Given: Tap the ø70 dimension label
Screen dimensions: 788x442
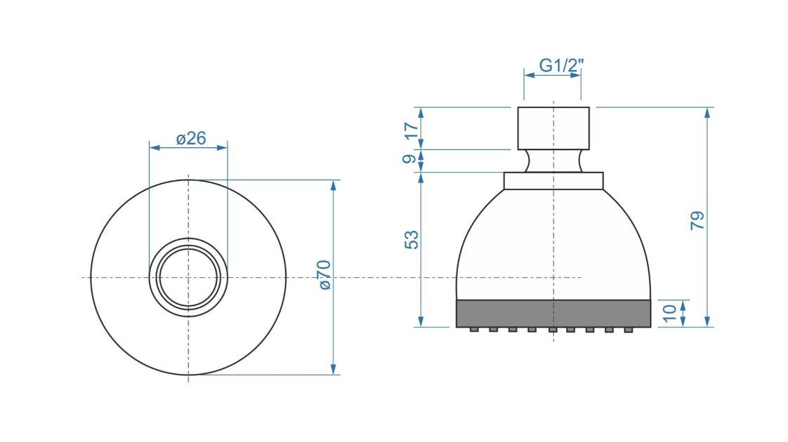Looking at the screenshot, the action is pyautogui.click(x=325, y=275).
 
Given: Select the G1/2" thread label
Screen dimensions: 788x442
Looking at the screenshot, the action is pyautogui.click(x=561, y=65).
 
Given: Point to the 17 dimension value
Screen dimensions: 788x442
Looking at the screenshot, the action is pyautogui.click(x=411, y=131).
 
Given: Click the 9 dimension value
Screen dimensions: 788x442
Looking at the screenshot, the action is pyautogui.click(x=409, y=159).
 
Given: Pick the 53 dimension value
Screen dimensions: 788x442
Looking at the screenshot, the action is pyautogui.click(x=411, y=239).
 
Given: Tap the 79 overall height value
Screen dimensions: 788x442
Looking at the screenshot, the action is pyautogui.click(x=697, y=220).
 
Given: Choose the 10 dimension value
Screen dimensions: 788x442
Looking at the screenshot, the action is pyautogui.click(x=670, y=313).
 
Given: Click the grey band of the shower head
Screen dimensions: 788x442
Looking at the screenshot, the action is pyautogui.click(x=553, y=314).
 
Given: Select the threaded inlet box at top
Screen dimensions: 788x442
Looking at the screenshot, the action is pyautogui.click(x=553, y=128).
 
